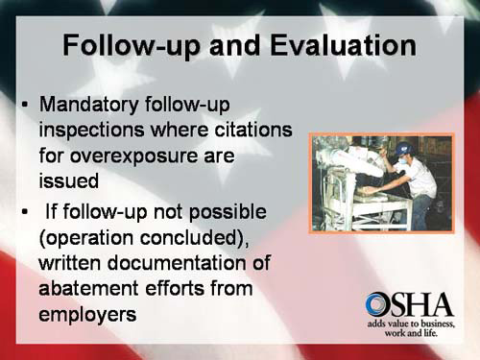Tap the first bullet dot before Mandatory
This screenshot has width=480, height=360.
pyautogui.click(x=25, y=104)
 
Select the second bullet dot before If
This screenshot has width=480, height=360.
pyautogui.click(x=25, y=210)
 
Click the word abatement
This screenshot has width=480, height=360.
pyautogui.click(x=92, y=286)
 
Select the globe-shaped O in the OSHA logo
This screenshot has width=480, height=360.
pyautogui.click(x=377, y=305)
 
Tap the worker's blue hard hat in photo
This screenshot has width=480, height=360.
pyautogui.click(x=406, y=149)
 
